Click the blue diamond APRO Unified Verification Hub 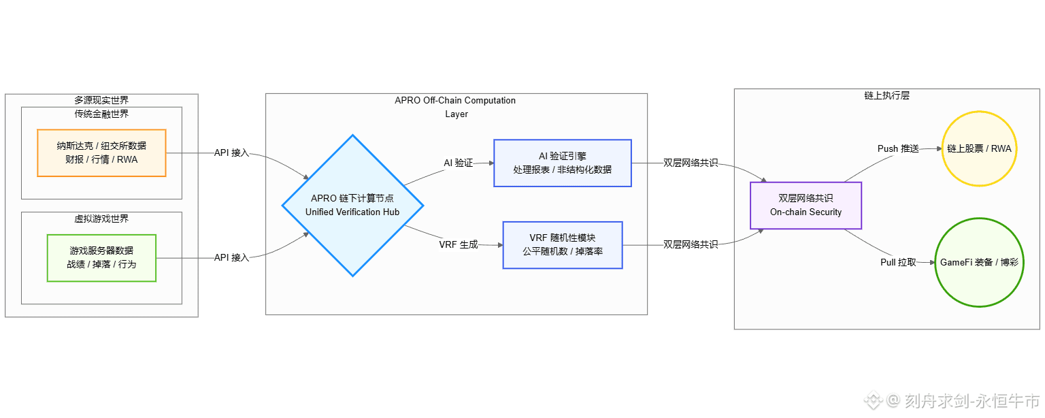[x=352, y=206]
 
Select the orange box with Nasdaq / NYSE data [x=101, y=153]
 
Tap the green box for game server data [x=101, y=257]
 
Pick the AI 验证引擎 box [x=563, y=163]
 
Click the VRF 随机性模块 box [x=563, y=245]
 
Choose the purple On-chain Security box [x=806, y=205]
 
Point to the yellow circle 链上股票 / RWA [x=979, y=148]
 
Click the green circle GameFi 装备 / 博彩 [x=979, y=262]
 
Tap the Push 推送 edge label [x=898, y=148]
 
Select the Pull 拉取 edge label [x=898, y=262]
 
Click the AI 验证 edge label [x=458, y=163]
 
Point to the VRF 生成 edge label [x=459, y=244]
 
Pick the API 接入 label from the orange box [x=231, y=153]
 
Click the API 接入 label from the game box [x=231, y=257]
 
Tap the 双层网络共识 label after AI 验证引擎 [x=691, y=163]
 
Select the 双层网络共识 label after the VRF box [x=691, y=244]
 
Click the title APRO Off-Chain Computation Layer [x=455, y=107]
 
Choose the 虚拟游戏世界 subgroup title [x=101, y=219]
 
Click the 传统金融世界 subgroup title [x=101, y=114]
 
